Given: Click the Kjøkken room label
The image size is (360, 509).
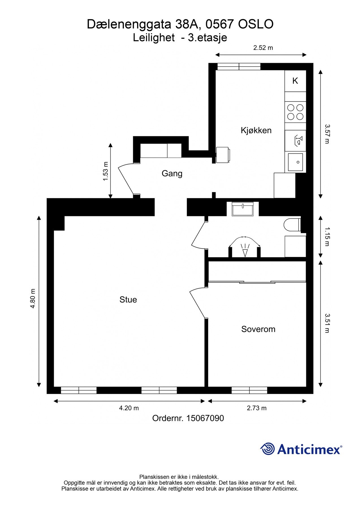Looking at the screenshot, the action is click(256, 130).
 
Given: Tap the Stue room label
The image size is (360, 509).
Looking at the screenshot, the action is click(128, 300).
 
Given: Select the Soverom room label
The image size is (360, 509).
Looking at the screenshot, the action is click(258, 329).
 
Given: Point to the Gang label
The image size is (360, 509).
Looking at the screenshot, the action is click(172, 174).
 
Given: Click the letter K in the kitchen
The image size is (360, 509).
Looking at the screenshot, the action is click(295, 81).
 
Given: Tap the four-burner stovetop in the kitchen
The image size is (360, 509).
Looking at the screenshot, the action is click(295, 112).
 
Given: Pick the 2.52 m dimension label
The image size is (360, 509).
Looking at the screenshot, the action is click(263, 48).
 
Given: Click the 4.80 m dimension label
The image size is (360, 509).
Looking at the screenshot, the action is click(33, 298).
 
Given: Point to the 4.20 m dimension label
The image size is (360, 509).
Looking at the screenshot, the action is click(129, 408).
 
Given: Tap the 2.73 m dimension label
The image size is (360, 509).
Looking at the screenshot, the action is click(257, 408).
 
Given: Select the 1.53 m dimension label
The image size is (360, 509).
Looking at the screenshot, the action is click(105, 171).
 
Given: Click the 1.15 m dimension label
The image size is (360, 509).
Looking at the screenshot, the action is click(327, 236).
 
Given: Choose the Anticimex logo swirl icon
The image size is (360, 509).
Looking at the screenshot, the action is click(268, 449).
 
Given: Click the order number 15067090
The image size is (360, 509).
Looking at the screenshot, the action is click(205, 418).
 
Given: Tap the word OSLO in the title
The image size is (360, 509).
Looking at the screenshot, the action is click(256, 24).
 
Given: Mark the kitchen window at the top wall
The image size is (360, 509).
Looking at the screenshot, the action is click(239, 67).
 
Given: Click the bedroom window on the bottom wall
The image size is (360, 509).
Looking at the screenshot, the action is click(249, 390).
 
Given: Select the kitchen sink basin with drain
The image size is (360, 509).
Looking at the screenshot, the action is click(295, 162).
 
